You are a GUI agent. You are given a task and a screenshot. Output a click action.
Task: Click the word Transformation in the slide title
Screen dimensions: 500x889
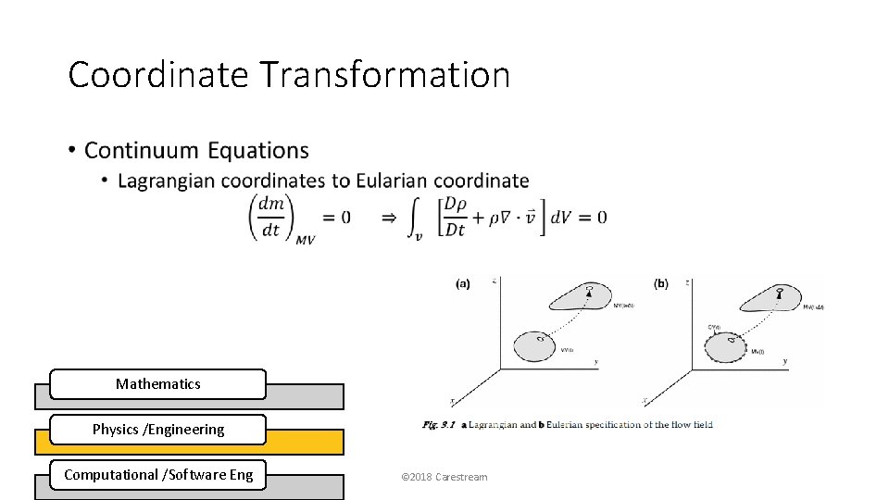(384, 74)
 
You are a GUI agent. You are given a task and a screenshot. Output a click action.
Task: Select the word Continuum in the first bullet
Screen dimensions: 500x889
(141, 150)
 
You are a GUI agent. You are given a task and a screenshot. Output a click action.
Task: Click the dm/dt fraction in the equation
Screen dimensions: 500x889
(270, 217)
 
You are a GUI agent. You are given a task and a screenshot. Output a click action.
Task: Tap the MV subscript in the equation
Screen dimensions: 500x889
(306, 240)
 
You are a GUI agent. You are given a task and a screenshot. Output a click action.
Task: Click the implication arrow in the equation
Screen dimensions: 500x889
(389, 218)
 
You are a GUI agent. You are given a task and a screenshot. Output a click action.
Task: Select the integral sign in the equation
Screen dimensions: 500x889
(416, 219)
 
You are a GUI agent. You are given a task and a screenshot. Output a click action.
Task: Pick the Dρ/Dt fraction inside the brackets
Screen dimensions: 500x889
(454, 217)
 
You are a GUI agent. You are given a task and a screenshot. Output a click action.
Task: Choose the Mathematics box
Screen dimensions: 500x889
(157, 383)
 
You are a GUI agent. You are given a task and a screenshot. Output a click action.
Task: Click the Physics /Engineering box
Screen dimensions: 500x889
(157, 429)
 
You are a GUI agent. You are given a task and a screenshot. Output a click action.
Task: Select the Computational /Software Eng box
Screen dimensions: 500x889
(157, 475)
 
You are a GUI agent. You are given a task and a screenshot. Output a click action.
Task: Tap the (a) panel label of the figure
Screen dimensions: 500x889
(463, 284)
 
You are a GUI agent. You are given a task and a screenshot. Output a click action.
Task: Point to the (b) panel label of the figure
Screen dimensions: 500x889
(660, 283)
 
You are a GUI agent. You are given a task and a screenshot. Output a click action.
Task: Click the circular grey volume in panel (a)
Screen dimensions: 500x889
(534, 345)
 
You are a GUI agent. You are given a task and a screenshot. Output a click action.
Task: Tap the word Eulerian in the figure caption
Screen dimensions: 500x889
(567, 425)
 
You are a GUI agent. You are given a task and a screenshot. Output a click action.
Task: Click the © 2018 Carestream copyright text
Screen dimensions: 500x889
(444, 477)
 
